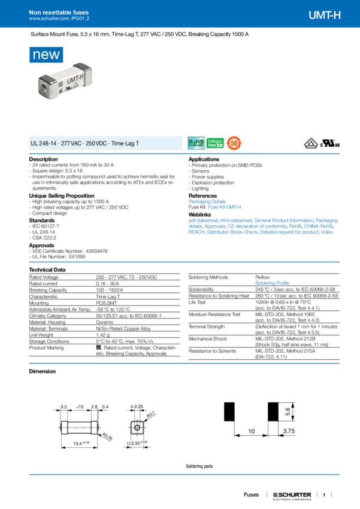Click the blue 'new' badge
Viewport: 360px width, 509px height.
[46, 54]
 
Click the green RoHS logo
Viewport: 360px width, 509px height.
[196, 143]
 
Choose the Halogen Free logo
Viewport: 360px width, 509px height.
[214, 143]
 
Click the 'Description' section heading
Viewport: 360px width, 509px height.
[44, 159]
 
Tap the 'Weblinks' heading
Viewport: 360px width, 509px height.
[200, 214]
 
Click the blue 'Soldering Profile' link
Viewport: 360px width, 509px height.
[272, 281]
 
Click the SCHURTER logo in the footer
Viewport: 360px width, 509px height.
[292, 495]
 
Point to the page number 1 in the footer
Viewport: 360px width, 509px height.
[323, 495]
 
